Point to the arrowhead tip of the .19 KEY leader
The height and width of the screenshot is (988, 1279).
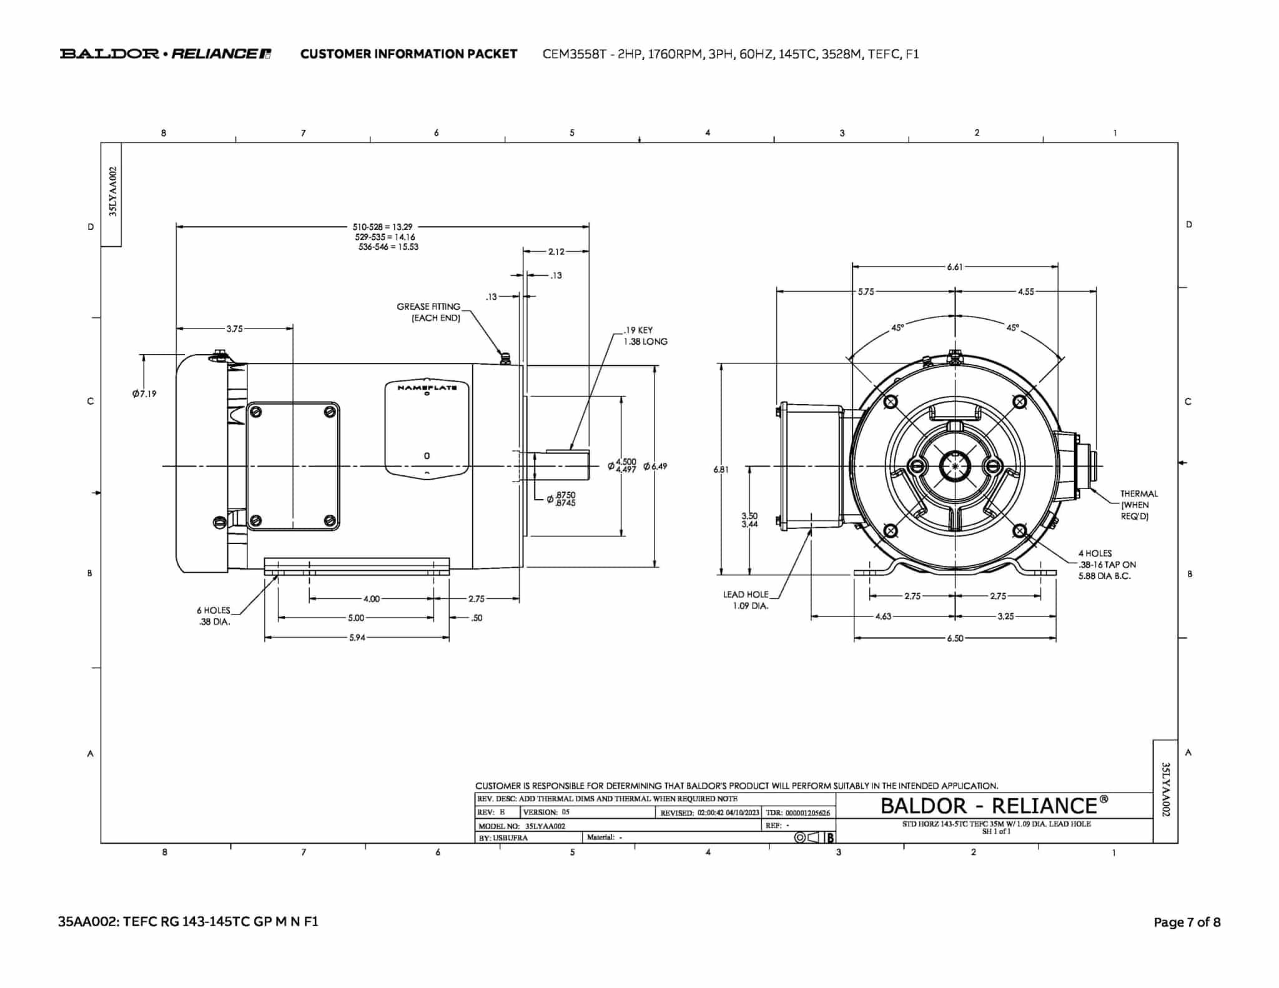coord(570,449)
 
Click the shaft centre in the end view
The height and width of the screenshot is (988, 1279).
coord(955,466)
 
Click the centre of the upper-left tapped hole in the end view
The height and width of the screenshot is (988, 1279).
coord(891,402)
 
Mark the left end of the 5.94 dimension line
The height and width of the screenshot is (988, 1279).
coord(265,638)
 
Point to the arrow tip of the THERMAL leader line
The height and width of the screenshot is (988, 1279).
coord(1089,487)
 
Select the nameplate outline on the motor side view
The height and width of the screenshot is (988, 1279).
coord(427,430)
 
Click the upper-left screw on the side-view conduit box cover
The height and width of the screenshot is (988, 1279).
coord(255,412)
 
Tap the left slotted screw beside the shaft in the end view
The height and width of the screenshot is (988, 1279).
coord(917,467)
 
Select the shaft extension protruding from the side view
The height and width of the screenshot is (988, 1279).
coord(561,466)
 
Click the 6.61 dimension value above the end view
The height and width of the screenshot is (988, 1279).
coord(955,267)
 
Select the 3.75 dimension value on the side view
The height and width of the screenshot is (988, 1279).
coord(234,329)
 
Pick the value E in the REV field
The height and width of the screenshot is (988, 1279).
coord(502,813)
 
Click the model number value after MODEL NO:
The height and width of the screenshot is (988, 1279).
coord(545,826)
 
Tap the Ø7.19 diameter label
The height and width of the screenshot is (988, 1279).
coord(144,393)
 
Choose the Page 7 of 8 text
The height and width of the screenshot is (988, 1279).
coord(1187,922)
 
